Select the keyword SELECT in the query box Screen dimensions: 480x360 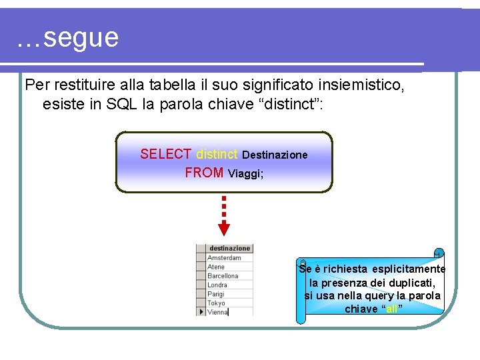pyautogui.click(x=165, y=155)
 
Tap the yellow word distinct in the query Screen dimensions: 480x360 pyautogui.click(x=217, y=155)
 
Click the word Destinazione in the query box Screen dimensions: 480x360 pyautogui.click(x=275, y=155)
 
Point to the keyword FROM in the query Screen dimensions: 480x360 pyautogui.click(x=204, y=173)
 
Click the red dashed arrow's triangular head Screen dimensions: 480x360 pyautogui.click(x=224, y=229)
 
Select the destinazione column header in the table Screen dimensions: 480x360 pyautogui.click(x=229, y=249)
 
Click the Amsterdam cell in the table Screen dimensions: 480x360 pyautogui.click(x=225, y=258)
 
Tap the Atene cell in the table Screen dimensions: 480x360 pyautogui.click(x=217, y=267)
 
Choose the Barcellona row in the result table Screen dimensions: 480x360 pyautogui.click(x=223, y=276)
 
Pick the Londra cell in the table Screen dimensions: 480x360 pyautogui.click(x=218, y=285)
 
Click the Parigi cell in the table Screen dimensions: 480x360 pyautogui.click(x=217, y=294)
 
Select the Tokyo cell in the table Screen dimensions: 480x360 pyautogui.click(x=217, y=303)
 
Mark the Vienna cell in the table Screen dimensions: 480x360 pyautogui.click(x=218, y=311)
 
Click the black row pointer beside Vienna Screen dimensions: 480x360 pyautogui.click(x=201, y=311)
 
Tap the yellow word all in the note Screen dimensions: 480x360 pyautogui.click(x=393, y=309)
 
